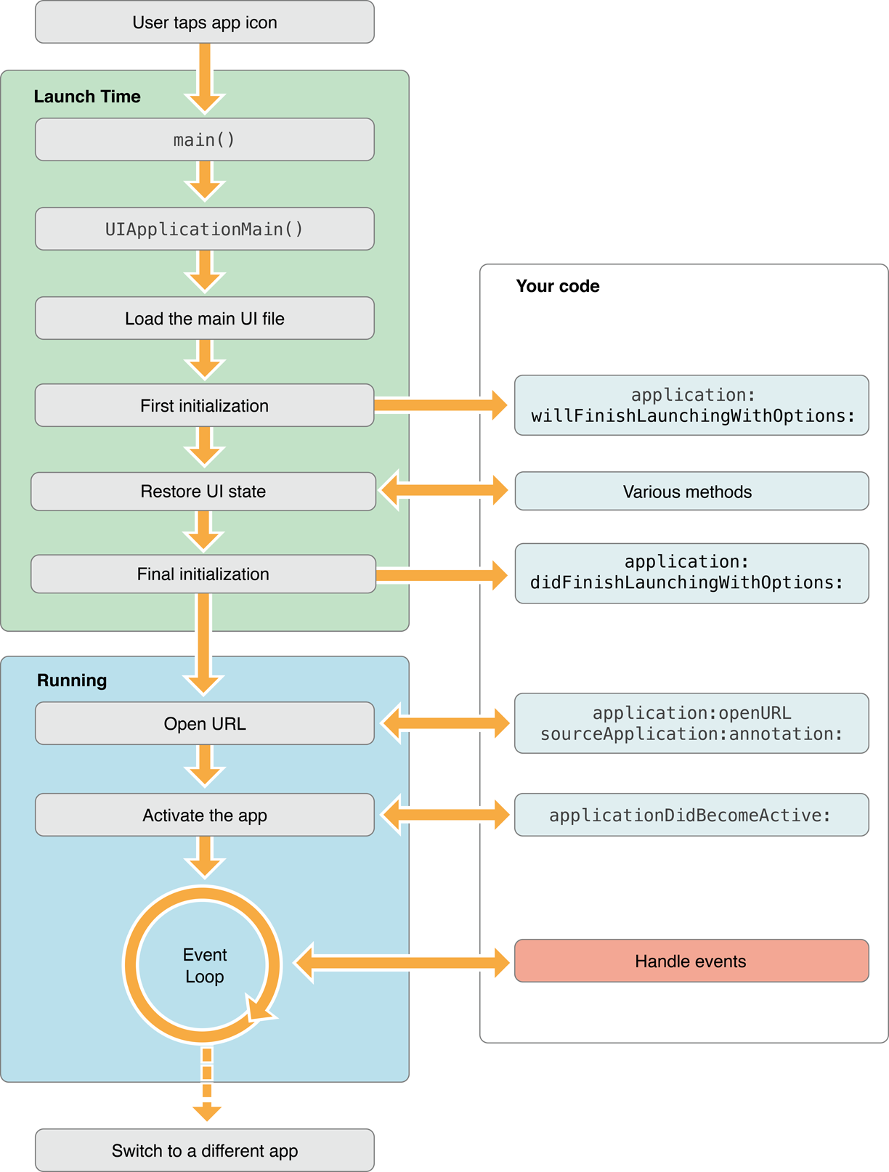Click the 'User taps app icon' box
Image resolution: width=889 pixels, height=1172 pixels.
tap(204, 23)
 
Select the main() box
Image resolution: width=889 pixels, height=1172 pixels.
tap(204, 139)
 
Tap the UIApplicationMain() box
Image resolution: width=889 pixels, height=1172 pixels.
tap(204, 229)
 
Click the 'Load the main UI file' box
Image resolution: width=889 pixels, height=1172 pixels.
tap(204, 318)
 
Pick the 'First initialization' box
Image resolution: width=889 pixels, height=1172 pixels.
tap(204, 405)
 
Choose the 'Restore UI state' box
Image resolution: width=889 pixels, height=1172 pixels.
tap(203, 492)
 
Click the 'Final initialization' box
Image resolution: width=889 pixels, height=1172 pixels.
tap(203, 574)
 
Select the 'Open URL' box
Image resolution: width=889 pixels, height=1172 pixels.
tap(204, 723)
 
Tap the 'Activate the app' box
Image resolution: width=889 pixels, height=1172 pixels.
tap(204, 815)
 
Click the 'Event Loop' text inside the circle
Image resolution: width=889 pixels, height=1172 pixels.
tap(204, 965)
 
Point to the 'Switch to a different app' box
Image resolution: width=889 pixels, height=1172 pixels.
tap(204, 1150)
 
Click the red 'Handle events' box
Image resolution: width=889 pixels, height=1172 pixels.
tap(691, 961)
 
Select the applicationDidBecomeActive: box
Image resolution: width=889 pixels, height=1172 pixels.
tap(691, 815)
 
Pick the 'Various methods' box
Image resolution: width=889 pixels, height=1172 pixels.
tap(691, 492)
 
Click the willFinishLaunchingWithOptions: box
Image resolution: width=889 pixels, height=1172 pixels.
tap(691, 405)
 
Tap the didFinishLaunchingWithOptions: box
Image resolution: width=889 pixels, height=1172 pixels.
tap(691, 573)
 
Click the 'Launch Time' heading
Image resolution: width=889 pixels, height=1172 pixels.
tap(87, 97)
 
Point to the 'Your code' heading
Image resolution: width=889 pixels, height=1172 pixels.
tap(558, 286)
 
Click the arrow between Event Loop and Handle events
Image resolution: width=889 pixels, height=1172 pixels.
tap(403, 963)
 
